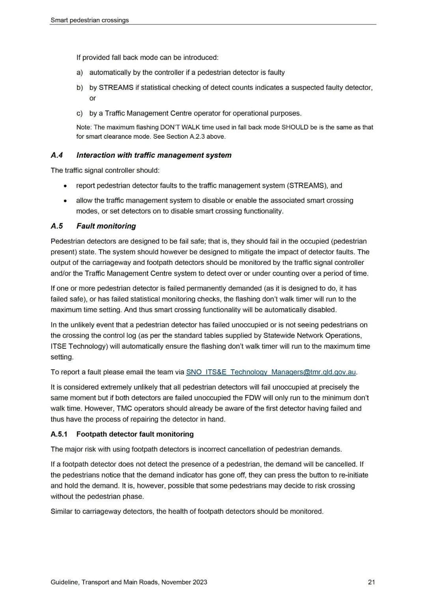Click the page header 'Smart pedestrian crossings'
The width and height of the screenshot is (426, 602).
(90, 20)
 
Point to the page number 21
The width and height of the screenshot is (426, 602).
(371, 582)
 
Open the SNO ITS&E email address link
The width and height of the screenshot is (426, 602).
(271, 372)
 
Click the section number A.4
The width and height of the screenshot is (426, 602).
(57, 155)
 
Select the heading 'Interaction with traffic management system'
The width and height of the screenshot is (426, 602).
(154, 155)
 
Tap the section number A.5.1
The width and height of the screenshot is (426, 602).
(59, 434)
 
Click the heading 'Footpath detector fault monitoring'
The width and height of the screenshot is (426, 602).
(135, 434)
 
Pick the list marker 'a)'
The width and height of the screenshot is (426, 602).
(80, 73)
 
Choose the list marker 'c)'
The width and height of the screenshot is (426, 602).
(80, 113)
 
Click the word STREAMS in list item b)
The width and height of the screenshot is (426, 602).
(116, 88)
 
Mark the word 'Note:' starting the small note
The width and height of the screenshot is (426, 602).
(84, 127)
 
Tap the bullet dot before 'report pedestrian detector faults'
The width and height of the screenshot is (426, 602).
(65, 186)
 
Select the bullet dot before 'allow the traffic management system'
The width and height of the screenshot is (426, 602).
(65, 201)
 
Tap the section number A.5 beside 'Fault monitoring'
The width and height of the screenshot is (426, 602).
(57, 226)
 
